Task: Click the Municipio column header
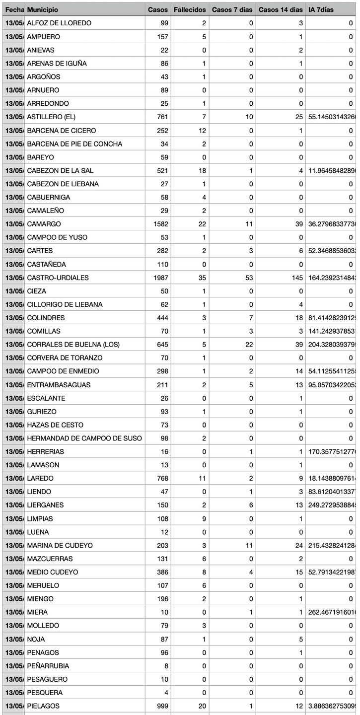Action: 43,9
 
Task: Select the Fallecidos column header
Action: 190,9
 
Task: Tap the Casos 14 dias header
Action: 281,9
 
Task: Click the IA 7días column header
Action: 321,9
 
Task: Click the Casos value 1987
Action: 161,278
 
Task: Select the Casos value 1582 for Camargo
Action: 161,224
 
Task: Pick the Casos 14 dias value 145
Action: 297,278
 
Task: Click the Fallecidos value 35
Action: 203,278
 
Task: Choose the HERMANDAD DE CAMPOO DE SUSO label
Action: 84,438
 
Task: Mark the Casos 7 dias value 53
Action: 249,278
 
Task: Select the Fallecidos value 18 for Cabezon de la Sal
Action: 203,170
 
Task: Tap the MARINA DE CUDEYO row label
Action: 60,546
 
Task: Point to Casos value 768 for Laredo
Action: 162,479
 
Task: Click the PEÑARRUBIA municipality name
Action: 48,666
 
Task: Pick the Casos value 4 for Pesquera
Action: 166,693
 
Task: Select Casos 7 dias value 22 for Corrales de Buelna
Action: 249,345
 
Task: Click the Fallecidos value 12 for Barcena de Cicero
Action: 203,130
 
